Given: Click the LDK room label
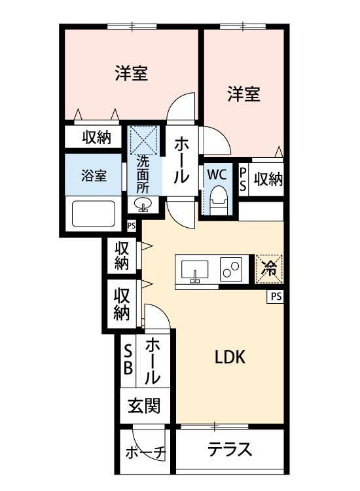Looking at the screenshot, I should click(230, 357).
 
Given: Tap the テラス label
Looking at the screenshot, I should click(230, 450).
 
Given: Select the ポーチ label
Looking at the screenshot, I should click(146, 452).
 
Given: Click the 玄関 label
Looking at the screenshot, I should click(143, 407).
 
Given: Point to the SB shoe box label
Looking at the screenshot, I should click(128, 358).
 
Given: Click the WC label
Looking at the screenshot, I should click(217, 175).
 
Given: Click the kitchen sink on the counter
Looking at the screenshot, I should click(194, 269).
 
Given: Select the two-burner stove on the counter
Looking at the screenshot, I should click(230, 268).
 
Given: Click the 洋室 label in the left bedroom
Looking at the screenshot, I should click(131, 73).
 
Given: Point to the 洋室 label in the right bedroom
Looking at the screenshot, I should click(243, 94).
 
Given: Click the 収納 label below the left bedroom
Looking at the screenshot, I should click(96, 137).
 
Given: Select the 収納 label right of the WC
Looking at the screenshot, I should click(268, 179).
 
